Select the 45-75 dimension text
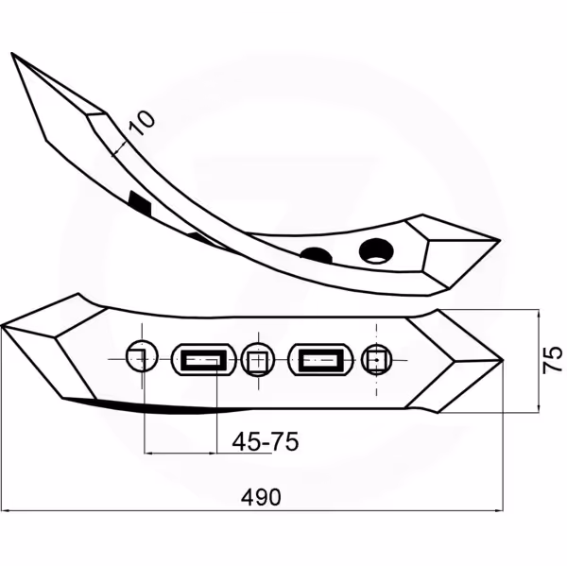pos(265,441)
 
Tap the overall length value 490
pos(261,497)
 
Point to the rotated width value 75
pos(553,359)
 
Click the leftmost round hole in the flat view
pos(142,356)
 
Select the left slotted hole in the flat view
pos(203,360)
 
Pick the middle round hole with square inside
pos(258,360)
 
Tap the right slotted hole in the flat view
pos(320,360)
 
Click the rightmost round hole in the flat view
pos(377,360)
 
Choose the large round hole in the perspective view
pos(376,250)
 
